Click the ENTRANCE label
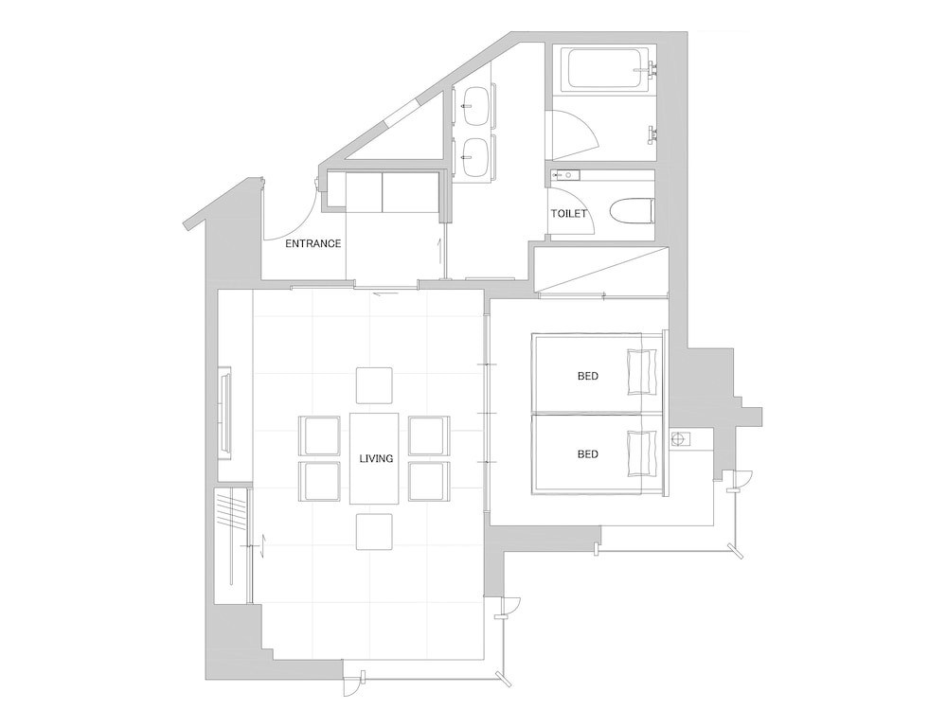click(313, 244)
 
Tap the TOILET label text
click(568, 214)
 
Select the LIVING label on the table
click(376, 459)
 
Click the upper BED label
click(588, 376)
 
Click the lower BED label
click(588, 454)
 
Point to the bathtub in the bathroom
click(605, 69)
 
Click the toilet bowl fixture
click(632, 212)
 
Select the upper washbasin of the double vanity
click(476, 106)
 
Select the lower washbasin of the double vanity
click(476, 158)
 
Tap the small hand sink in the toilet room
click(565, 176)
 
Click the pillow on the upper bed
click(643, 372)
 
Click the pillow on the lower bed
click(643, 453)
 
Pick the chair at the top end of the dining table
click(374, 385)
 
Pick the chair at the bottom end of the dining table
click(374, 531)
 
